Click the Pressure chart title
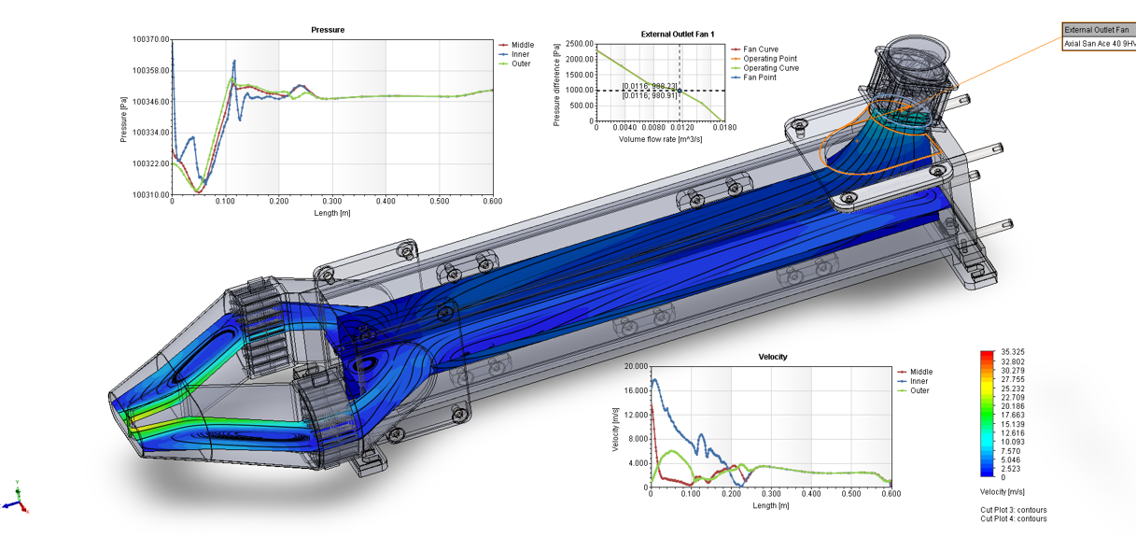pos(328,30)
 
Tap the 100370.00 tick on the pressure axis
pos(150,39)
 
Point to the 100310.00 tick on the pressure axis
pos(150,194)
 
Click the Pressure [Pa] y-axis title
pos(123,117)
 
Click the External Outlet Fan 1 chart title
pos(678,35)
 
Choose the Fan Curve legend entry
pos(760,49)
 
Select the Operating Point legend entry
pos(769,59)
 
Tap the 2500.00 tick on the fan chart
pos(579,44)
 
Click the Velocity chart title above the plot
pos(773,357)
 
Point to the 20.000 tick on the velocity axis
pos(636,366)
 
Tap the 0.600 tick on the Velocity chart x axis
pos(891,495)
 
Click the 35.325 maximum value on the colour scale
pos(1011,352)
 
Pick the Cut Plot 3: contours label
pos(1013,510)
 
